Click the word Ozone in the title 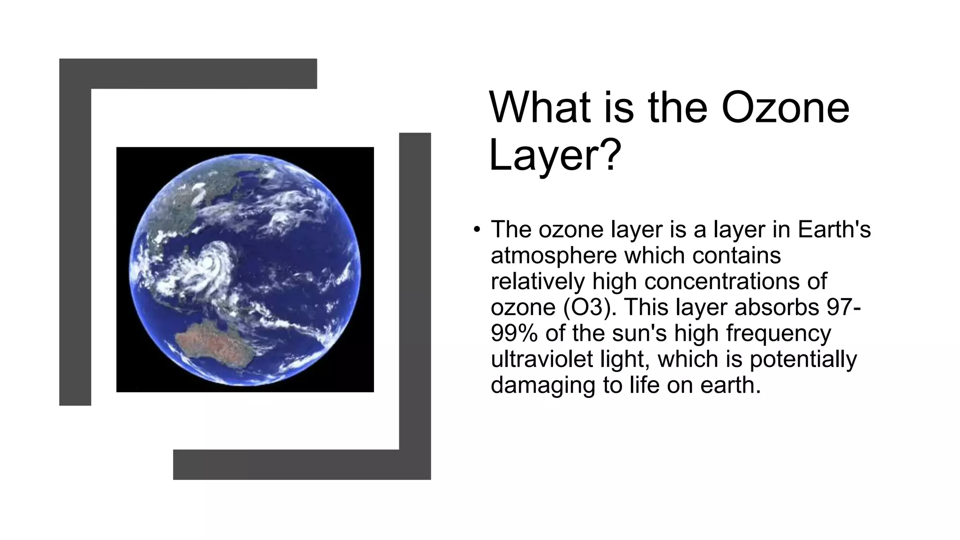[x=785, y=108]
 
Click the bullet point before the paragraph [x=477, y=230]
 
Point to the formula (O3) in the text [x=586, y=307]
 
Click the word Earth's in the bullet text [x=834, y=230]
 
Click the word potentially [x=803, y=359]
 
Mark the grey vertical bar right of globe [x=415, y=291]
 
